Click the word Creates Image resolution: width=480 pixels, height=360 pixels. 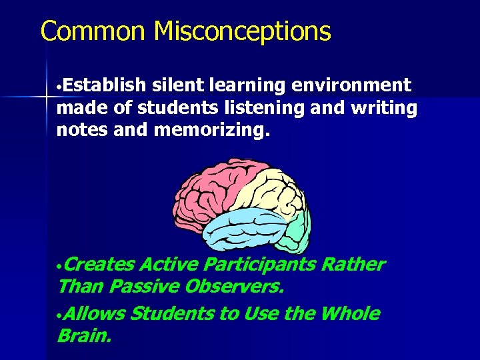pos(100,265)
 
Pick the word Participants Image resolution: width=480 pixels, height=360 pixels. pos(259,265)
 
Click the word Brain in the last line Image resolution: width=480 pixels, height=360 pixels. pos(83,335)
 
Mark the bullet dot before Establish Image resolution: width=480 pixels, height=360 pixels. pos(60,87)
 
